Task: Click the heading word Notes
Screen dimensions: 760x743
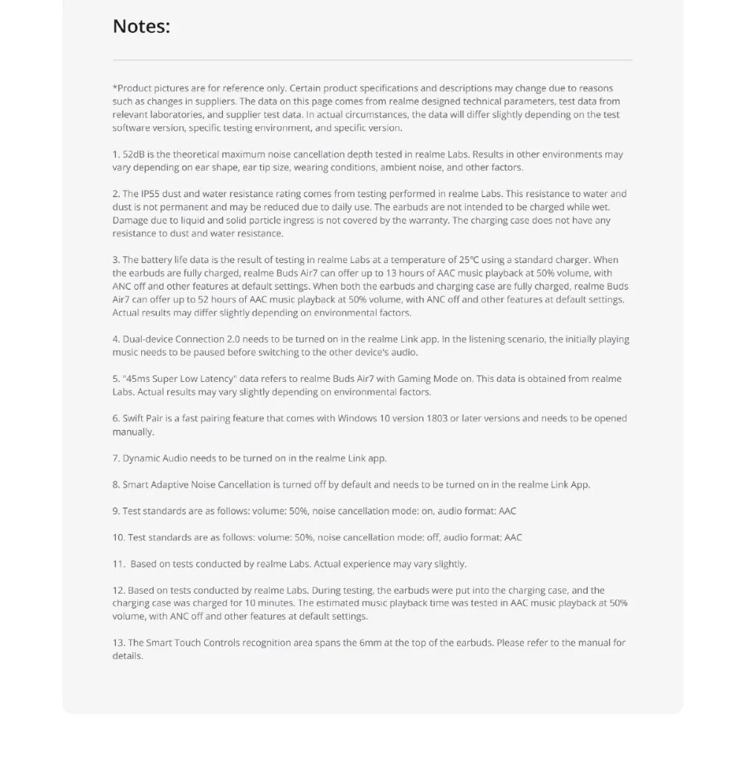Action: pyautogui.click(x=140, y=27)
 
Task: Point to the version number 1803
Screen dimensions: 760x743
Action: pyautogui.click(x=437, y=418)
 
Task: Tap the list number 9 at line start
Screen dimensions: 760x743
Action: pyautogui.click(x=115, y=511)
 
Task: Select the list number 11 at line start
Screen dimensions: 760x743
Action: pyautogui.click(x=118, y=564)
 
